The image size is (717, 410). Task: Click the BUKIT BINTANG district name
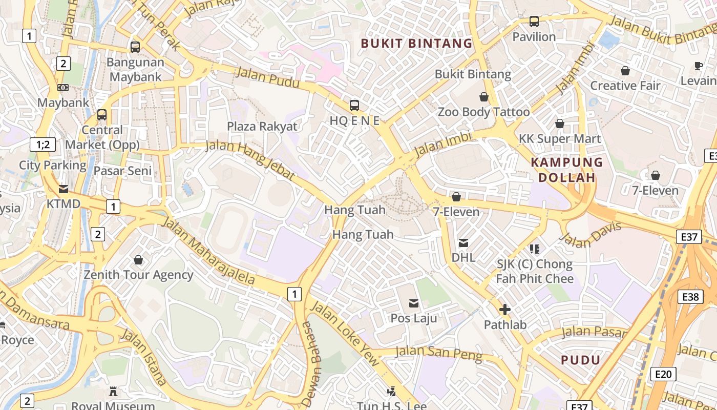(x=416, y=44)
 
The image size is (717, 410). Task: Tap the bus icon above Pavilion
(x=534, y=22)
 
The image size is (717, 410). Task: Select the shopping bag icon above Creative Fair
(x=625, y=71)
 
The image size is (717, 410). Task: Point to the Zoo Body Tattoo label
(x=483, y=112)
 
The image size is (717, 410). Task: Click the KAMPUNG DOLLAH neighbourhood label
(x=566, y=170)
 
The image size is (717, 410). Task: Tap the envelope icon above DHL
(x=463, y=242)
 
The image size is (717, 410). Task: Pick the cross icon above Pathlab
(x=505, y=310)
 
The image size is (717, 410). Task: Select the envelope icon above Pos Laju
(x=414, y=303)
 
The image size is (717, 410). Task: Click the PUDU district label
(x=580, y=360)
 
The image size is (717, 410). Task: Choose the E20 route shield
(x=663, y=374)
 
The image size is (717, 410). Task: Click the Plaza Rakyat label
(x=262, y=126)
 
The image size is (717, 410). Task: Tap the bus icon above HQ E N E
(x=354, y=106)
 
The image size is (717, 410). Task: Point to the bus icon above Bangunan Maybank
(x=135, y=47)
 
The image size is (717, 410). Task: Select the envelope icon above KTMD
(x=64, y=189)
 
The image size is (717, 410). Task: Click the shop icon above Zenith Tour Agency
(x=138, y=260)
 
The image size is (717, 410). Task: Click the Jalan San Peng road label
(x=439, y=354)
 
